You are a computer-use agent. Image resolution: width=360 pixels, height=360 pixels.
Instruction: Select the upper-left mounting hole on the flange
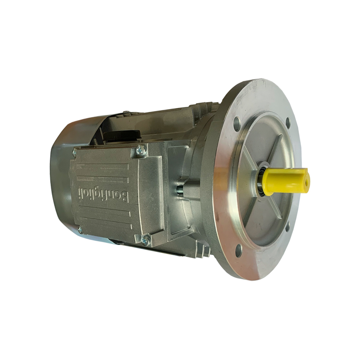point(238,122)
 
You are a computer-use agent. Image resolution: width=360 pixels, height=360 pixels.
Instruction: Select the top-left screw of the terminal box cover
point(75,152)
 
